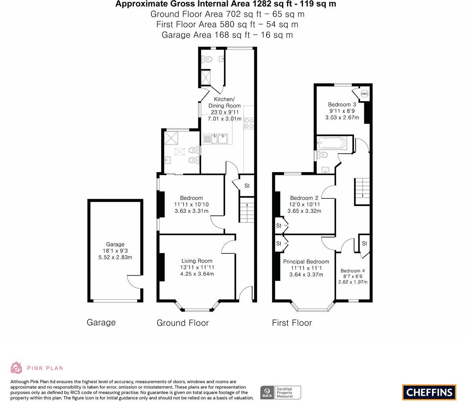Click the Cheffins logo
[x=429, y=392]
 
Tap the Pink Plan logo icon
[x=16, y=367]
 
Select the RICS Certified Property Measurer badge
[x=281, y=392]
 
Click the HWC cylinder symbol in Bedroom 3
[x=364, y=94]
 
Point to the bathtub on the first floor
[x=332, y=143]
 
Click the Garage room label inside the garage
[x=115, y=244]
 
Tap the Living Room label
[x=196, y=260]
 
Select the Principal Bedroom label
[x=306, y=262]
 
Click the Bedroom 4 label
[x=353, y=271]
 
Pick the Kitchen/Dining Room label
[x=224, y=102]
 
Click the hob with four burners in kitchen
[x=249, y=124]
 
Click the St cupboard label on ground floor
[x=247, y=186]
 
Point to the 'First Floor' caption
[x=292, y=323]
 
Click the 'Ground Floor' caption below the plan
[x=182, y=323]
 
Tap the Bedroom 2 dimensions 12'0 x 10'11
[x=304, y=204]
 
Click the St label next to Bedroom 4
[x=364, y=244]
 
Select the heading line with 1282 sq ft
[x=225, y=4]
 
